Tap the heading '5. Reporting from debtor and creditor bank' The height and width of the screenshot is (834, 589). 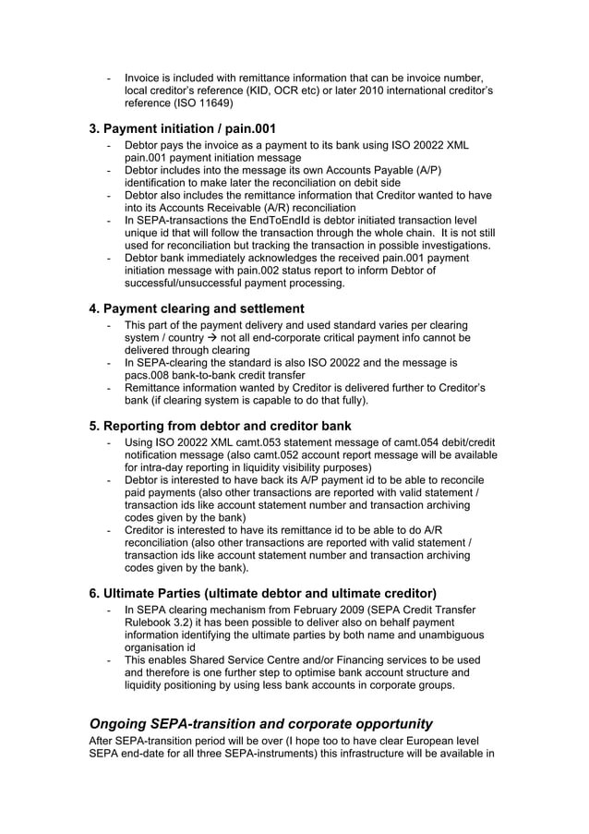(220, 426)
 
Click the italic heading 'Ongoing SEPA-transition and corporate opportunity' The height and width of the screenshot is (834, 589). (259, 723)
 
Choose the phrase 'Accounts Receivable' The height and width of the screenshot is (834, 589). (215, 209)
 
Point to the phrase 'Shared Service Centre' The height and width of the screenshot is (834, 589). (238, 660)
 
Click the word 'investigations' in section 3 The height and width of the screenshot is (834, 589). (449, 246)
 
